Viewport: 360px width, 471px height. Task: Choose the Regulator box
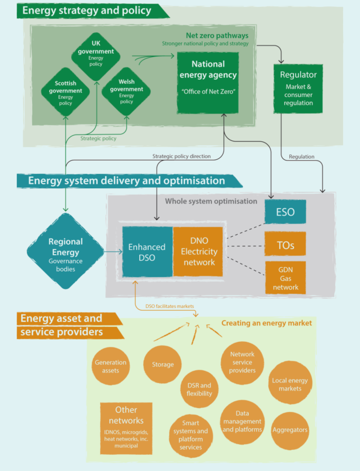tap(298, 89)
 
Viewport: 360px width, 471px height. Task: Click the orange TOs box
tap(285, 245)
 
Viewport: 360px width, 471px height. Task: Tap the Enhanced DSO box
tap(148, 252)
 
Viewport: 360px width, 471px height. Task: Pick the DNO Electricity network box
tap(198, 252)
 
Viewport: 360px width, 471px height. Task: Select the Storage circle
tap(162, 364)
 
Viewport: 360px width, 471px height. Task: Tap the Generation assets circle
tap(111, 366)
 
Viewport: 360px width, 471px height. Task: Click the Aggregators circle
tap(290, 430)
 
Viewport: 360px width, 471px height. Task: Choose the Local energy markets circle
tap(290, 384)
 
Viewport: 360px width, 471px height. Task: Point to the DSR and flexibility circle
tap(199, 389)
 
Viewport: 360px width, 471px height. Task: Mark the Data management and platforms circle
tap(242, 421)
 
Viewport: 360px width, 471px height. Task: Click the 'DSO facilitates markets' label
tap(169, 306)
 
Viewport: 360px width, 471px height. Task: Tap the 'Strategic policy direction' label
tap(181, 156)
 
